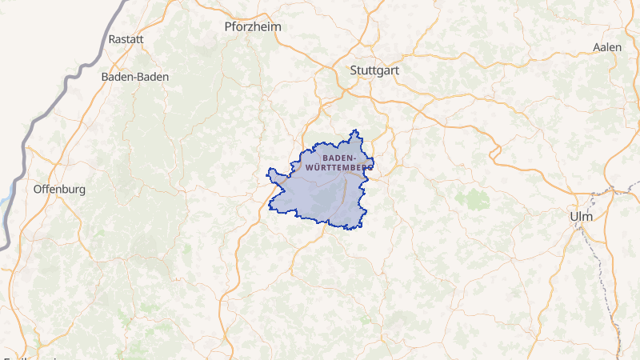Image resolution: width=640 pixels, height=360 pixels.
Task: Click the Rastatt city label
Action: pyautogui.click(x=126, y=38)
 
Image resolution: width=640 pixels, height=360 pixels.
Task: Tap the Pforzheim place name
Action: pyautogui.click(x=253, y=26)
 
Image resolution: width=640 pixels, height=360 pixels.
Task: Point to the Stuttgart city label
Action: pyautogui.click(x=374, y=70)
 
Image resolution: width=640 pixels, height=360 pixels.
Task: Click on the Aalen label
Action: pyautogui.click(x=607, y=47)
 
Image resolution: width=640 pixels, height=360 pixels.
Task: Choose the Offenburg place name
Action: pyautogui.click(x=59, y=190)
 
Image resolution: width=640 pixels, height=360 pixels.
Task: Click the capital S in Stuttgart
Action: pyautogui.click(x=354, y=70)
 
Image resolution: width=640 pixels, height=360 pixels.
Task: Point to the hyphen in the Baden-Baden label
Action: pyautogui.click(x=134, y=77)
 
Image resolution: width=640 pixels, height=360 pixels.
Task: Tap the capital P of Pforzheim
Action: pyautogui.click(x=228, y=26)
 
